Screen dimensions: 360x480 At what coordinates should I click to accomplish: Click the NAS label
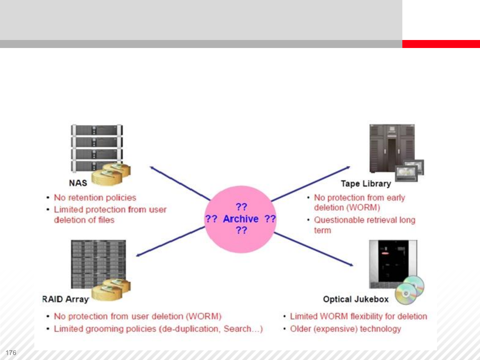tap(78, 183)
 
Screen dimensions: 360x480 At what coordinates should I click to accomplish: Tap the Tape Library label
tap(366, 184)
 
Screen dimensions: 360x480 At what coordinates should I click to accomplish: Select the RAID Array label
tap(65, 299)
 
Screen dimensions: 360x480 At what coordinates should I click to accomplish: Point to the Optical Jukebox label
tap(356, 299)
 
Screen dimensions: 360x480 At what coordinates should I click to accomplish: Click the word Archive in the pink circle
tap(241, 219)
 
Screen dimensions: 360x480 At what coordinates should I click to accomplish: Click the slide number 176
tap(11, 353)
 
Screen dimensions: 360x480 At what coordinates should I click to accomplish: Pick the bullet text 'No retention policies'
tap(95, 198)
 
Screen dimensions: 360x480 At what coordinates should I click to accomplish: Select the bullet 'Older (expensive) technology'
tap(345, 329)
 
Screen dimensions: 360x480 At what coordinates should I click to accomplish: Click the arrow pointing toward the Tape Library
tap(310, 184)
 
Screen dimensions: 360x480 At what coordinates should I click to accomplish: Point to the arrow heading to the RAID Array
tap(170, 241)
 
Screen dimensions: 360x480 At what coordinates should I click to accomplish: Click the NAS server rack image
tap(97, 147)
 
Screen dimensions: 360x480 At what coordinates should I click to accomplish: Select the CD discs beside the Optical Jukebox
tap(410, 290)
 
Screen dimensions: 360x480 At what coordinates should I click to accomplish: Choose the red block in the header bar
tap(441, 44)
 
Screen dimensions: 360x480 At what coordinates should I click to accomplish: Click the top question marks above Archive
tap(241, 207)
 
